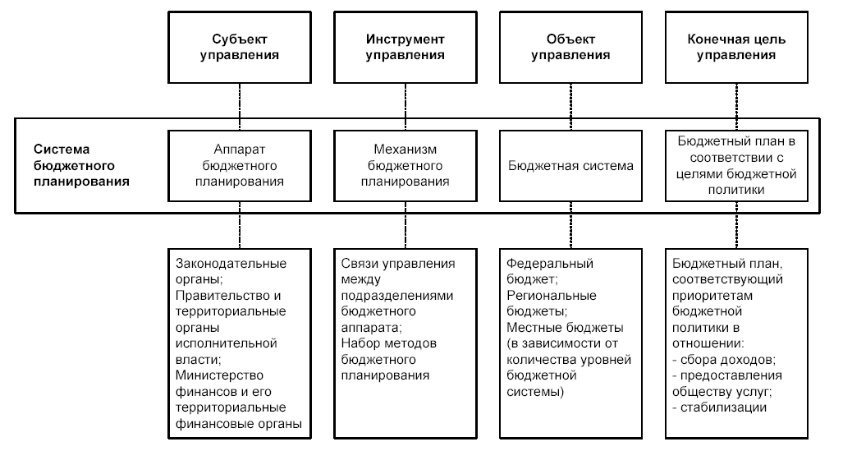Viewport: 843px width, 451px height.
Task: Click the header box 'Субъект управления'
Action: click(240, 48)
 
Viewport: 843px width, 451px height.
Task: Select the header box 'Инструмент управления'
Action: click(405, 48)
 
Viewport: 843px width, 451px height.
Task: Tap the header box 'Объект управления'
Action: click(571, 48)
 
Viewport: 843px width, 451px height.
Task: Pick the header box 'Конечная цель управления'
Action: click(736, 48)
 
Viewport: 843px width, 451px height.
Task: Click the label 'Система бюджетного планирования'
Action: click(81, 165)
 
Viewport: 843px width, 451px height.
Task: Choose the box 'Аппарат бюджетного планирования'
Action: click(240, 166)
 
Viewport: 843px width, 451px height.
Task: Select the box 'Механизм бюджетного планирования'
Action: click(405, 166)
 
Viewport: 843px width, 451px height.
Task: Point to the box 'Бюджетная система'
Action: click(571, 166)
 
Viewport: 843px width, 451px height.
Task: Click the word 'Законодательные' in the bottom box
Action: click(231, 264)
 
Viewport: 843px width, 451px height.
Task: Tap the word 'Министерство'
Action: click(219, 375)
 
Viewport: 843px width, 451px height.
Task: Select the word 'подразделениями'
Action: click(397, 296)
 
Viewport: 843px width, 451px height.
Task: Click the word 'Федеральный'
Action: click(550, 264)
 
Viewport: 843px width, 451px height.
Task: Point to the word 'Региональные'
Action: click(552, 296)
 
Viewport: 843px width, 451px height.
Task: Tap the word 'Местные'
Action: click(534, 327)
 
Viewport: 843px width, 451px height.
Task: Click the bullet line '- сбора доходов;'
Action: click(724, 360)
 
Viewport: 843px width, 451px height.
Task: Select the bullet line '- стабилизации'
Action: click(719, 407)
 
